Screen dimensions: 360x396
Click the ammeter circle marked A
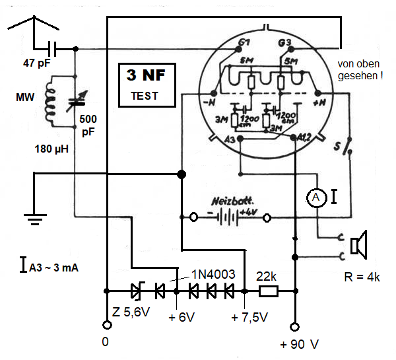click(x=316, y=196)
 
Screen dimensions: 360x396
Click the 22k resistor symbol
click(x=268, y=290)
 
